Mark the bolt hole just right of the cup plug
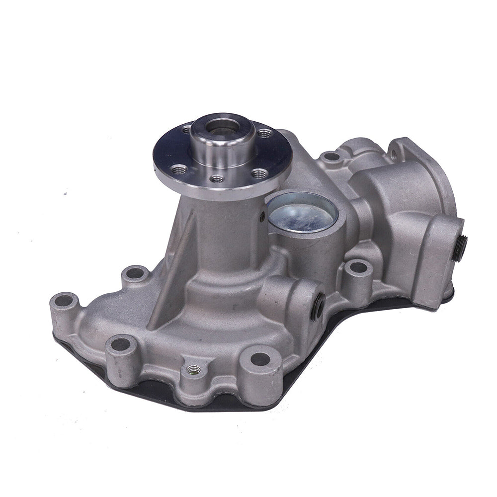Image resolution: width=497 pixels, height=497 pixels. click(356, 267)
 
